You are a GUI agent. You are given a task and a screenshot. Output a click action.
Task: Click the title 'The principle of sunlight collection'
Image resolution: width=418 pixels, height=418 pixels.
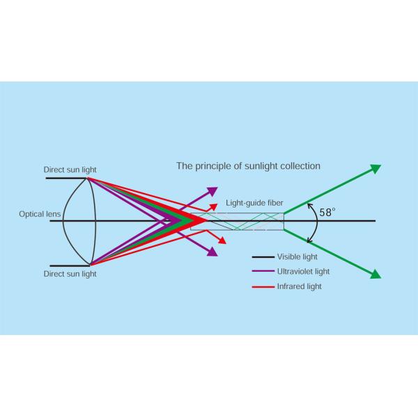248,167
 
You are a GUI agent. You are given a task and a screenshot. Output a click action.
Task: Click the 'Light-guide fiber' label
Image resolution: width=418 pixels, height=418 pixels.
254,202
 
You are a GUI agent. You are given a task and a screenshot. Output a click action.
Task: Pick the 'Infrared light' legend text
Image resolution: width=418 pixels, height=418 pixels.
300,286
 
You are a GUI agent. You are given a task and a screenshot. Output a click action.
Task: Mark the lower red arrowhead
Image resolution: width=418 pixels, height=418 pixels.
222,240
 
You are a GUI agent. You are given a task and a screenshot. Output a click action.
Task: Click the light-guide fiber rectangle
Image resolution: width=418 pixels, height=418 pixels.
237,221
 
